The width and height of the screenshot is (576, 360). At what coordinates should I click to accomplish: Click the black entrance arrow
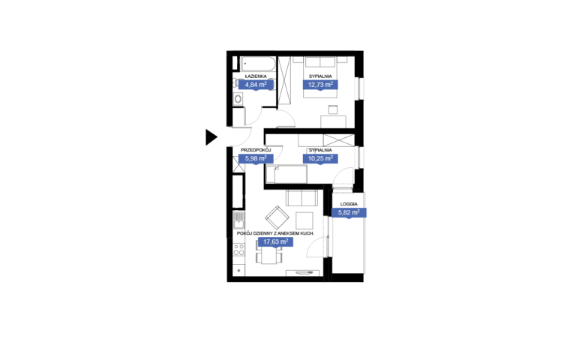[x=211, y=137]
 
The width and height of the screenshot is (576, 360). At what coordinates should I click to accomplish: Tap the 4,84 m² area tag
[x=256, y=85]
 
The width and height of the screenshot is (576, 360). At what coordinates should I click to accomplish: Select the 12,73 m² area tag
[x=320, y=85]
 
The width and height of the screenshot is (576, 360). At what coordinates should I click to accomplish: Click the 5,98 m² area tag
[x=256, y=159]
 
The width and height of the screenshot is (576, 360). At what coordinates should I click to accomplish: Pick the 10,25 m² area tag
[x=320, y=159]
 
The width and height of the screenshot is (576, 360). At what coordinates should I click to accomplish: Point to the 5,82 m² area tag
[x=349, y=213]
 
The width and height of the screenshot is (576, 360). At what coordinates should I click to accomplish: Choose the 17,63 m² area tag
[x=275, y=241]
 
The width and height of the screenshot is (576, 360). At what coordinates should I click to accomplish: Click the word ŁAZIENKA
[x=256, y=76]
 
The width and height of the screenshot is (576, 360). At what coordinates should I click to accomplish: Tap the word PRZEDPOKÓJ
[x=256, y=150]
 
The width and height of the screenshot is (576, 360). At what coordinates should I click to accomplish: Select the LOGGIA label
[x=349, y=204]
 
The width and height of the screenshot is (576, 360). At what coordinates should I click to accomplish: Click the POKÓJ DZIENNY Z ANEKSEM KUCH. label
[x=275, y=233]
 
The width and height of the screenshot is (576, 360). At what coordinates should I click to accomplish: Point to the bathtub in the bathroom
[x=258, y=64]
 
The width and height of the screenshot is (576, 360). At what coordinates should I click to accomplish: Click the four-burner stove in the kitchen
[x=238, y=250]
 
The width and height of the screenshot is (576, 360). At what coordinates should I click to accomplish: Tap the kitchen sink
[x=238, y=220]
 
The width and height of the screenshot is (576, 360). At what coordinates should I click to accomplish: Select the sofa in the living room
[x=301, y=198]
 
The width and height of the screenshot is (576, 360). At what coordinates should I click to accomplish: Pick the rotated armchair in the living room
[x=277, y=217]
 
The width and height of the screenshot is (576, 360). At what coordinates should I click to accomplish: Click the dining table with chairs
[x=269, y=252]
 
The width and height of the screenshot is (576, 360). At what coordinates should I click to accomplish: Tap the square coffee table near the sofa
[x=304, y=220]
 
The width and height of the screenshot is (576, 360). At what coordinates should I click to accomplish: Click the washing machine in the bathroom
[x=238, y=99]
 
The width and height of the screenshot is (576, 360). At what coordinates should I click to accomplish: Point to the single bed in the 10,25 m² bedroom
[x=286, y=174]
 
